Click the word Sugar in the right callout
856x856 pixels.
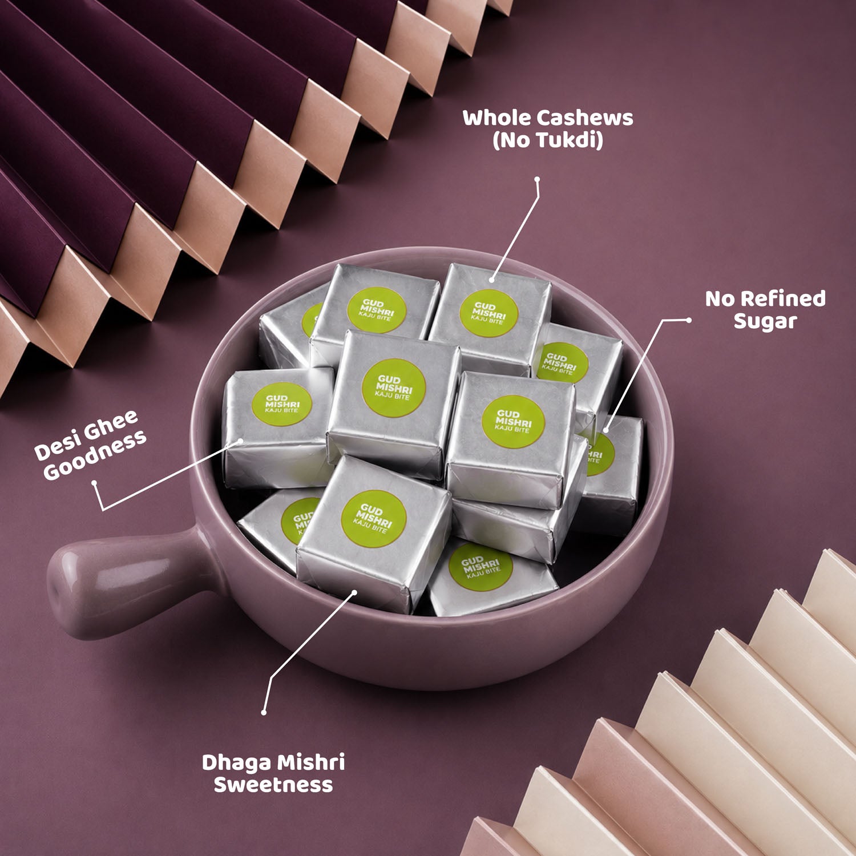click(765, 322)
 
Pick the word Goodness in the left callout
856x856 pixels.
click(95, 455)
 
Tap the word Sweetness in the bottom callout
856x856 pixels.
click(273, 785)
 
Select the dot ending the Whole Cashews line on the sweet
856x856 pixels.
click(491, 280)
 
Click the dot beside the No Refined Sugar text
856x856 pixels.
click(689, 320)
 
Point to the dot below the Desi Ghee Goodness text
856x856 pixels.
click(94, 483)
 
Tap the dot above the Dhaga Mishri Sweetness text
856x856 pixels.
click(264, 712)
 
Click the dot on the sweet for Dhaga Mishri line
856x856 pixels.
click(354, 592)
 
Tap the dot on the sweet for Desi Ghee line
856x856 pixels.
click(241, 441)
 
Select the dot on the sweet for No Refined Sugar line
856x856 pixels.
click(605, 430)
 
